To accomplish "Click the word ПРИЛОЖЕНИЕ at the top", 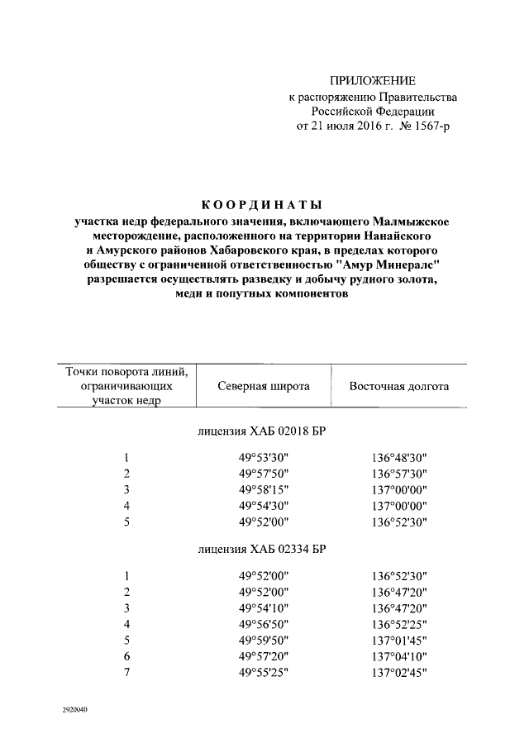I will (372, 81).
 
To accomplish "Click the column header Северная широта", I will (264, 386).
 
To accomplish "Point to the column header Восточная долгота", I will (398, 386).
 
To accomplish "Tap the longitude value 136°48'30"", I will (398, 458).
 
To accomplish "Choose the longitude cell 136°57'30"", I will (398, 474).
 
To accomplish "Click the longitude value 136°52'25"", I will (398, 624).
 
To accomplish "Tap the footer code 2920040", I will (74, 710).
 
